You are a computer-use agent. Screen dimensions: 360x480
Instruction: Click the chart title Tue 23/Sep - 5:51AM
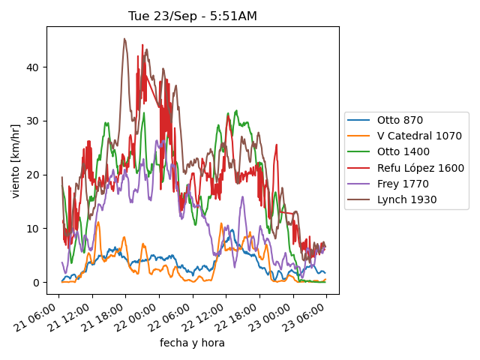193,16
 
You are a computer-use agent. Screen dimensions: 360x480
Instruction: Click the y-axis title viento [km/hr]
16,160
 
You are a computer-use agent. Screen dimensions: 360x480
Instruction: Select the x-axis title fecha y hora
192,343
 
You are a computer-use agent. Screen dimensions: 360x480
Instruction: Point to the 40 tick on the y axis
34,67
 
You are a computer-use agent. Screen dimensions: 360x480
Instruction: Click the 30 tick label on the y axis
34,121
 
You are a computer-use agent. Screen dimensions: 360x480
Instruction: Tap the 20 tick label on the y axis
34,175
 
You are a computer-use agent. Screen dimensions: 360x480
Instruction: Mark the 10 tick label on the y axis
34,228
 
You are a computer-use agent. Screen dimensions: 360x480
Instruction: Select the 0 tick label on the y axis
37,282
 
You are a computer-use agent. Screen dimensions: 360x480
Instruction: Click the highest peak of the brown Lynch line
124,39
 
